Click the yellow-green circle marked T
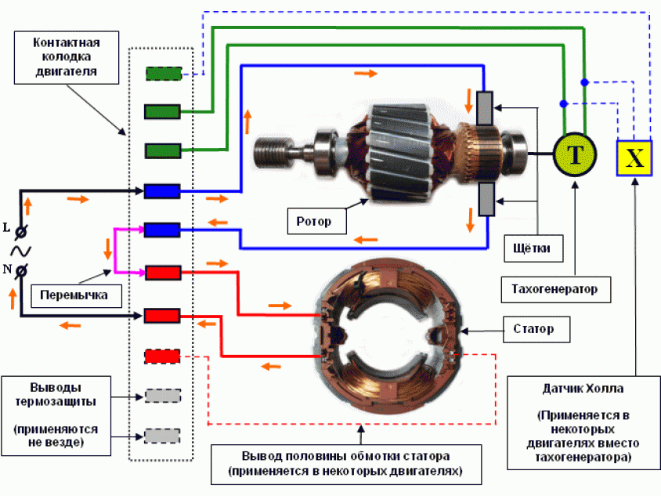pos(576,154)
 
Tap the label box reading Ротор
pos(314,222)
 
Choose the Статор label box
pos(533,328)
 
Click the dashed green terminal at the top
pos(164,74)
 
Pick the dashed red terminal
pos(163,357)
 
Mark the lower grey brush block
pos(486,199)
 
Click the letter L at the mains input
pos(7,230)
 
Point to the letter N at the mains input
pos(7,270)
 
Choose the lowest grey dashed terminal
pos(163,436)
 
